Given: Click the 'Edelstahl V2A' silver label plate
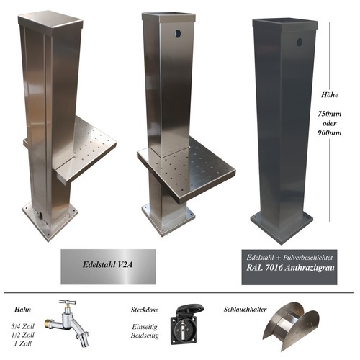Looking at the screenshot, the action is [108, 266].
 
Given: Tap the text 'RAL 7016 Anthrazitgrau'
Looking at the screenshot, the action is [290, 268].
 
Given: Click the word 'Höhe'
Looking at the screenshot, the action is [330, 95].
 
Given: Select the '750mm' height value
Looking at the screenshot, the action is [330, 114].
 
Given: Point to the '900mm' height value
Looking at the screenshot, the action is [330, 132].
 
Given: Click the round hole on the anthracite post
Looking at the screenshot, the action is [300, 42].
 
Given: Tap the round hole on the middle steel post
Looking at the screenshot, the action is [178, 34].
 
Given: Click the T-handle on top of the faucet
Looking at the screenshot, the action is [68, 302].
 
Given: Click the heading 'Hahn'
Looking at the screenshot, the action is [23, 309].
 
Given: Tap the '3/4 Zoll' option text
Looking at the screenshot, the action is [23, 326].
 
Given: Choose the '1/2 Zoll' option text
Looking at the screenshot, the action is [23, 335].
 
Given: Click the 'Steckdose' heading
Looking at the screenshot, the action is [145, 310].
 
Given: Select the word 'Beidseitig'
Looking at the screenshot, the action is [145, 335].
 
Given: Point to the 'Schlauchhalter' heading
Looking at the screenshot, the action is [245, 309].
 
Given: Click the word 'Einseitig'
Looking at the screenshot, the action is [145, 327].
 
